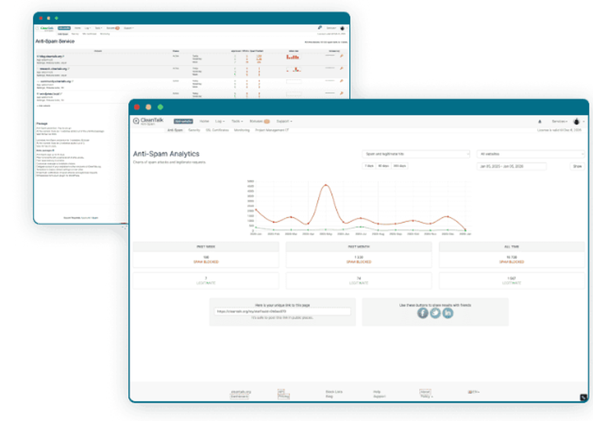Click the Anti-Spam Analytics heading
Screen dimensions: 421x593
pos(166,154)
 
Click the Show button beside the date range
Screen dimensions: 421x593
pos(577,167)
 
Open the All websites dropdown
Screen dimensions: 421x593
pos(531,154)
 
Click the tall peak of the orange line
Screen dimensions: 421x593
pos(325,186)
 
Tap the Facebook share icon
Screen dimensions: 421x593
pos(422,312)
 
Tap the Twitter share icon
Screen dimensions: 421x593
pos(435,312)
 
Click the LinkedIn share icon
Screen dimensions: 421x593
pos(448,312)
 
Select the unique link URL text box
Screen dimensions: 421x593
pos(282,311)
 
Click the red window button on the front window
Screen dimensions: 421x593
pos(136,107)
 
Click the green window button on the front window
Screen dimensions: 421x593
pos(160,107)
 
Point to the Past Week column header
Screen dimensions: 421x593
pos(206,246)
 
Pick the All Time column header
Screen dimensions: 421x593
pos(511,246)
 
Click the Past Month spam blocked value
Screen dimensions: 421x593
pos(359,258)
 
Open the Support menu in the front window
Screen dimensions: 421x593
pos(284,121)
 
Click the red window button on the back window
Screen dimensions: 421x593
pos(40,18)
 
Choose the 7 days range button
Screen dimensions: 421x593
pos(369,166)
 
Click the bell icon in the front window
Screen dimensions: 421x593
pos(539,121)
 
